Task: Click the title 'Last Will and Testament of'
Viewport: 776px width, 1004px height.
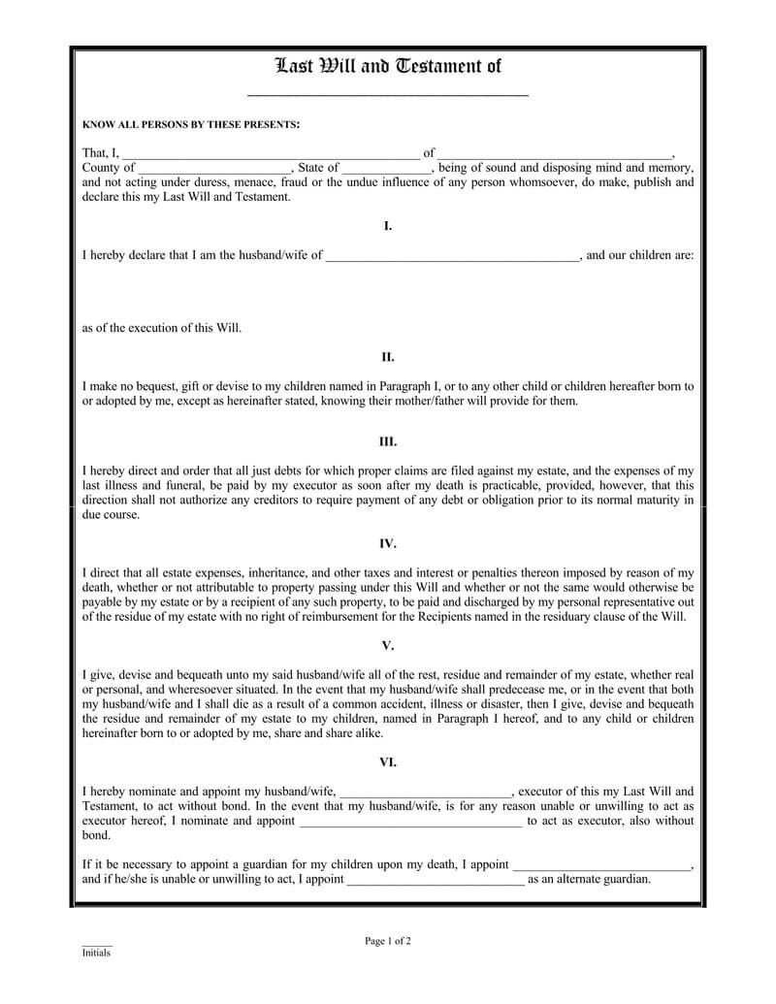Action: [388, 67]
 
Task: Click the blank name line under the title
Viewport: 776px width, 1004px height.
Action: [388, 94]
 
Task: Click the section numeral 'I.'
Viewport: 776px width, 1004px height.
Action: [388, 226]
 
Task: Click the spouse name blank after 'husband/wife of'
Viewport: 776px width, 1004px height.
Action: [452, 258]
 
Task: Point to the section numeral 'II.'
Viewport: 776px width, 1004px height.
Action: [388, 356]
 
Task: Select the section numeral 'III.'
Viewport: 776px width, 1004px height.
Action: [388, 441]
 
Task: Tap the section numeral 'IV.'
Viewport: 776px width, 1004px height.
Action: [388, 543]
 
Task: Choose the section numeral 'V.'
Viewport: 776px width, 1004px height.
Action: [388, 644]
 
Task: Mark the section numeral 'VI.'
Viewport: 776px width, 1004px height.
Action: [388, 761]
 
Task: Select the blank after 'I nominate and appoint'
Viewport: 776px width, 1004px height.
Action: [411, 823]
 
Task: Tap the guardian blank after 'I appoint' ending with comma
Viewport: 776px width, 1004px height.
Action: [601, 866]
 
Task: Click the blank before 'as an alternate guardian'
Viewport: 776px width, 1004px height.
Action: [435, 882]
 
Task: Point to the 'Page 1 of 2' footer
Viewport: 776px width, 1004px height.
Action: [388, 941]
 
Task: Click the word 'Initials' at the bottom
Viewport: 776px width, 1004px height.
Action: [96, 953]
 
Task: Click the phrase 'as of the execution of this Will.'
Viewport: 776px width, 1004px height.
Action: [162, 328]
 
